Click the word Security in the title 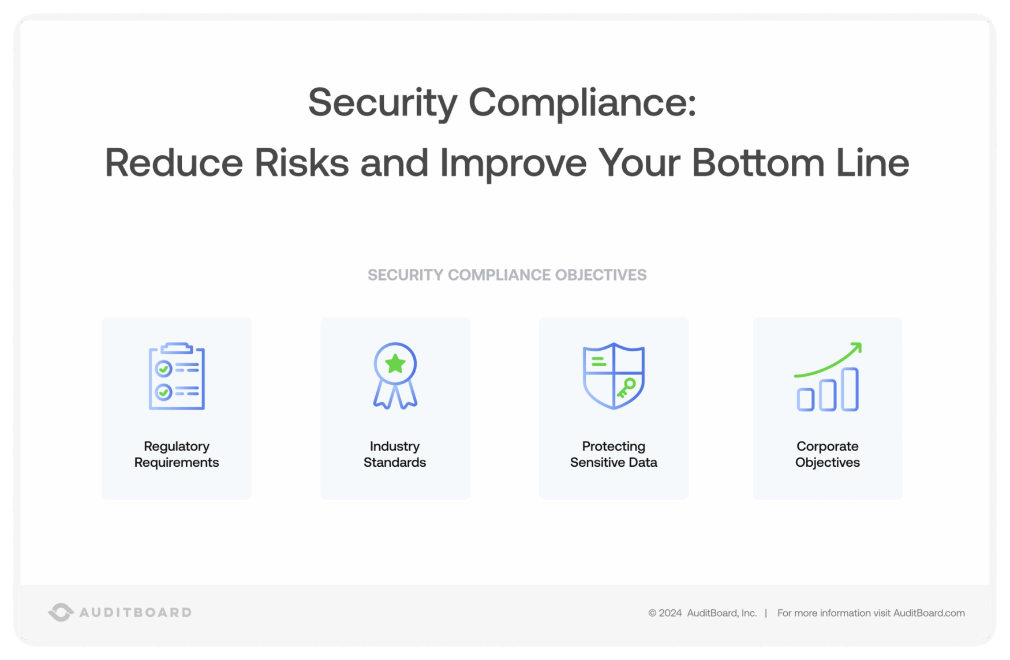pos(382,103)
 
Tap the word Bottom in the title pos(758,163)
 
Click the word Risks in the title pos(301,163)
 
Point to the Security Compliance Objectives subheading pos(507,275)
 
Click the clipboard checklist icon pos(177,376)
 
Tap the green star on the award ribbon pos(395,363)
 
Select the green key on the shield pos(626,387)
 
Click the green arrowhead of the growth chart pos(856,348)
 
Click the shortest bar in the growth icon pos(806,399)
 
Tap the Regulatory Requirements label pos(177,454)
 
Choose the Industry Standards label pos(395,454)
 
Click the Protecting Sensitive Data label pos(614,454)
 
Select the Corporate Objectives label pos(827,454)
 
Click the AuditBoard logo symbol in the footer pos(61,612)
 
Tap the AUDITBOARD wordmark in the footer pos(136,612)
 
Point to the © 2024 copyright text pos(665,613)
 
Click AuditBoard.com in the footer pos(929,613)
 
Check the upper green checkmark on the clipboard pos(164,369)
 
